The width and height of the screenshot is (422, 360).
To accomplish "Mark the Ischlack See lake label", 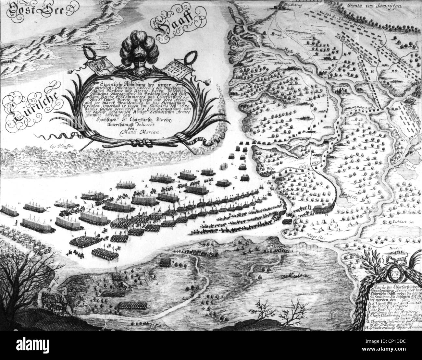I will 392,222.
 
